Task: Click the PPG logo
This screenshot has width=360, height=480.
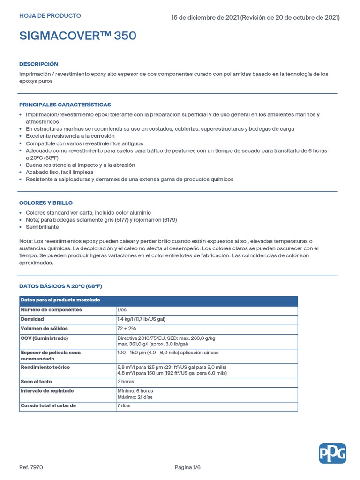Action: click(332, 453)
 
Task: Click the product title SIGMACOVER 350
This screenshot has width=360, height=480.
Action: click(78, 36)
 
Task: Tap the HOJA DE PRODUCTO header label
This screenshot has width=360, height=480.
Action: click(50, 16)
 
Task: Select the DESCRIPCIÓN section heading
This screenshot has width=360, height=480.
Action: click(38, 64)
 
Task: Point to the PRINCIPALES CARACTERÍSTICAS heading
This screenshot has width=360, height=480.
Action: click(65, 105)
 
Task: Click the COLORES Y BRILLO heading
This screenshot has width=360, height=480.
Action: click(45, 203)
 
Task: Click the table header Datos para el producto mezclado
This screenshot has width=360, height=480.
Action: click(60, 300)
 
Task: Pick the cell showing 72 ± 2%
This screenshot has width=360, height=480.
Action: click(127, 329)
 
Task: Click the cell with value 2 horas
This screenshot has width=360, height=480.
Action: click(126, 382)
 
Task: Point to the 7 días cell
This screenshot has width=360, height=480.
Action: click(124, 405)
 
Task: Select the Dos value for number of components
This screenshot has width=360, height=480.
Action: click(122, 310)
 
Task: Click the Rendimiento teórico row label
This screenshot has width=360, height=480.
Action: click(45, 367)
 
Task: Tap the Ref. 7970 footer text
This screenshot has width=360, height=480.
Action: click(31, 467)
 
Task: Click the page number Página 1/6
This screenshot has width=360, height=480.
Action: click(187, 467)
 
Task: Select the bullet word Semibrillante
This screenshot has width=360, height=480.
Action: click(42, 227)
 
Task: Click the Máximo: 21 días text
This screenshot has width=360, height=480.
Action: click(135, 397)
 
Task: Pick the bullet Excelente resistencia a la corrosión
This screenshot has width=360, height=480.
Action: click(70, 136)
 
